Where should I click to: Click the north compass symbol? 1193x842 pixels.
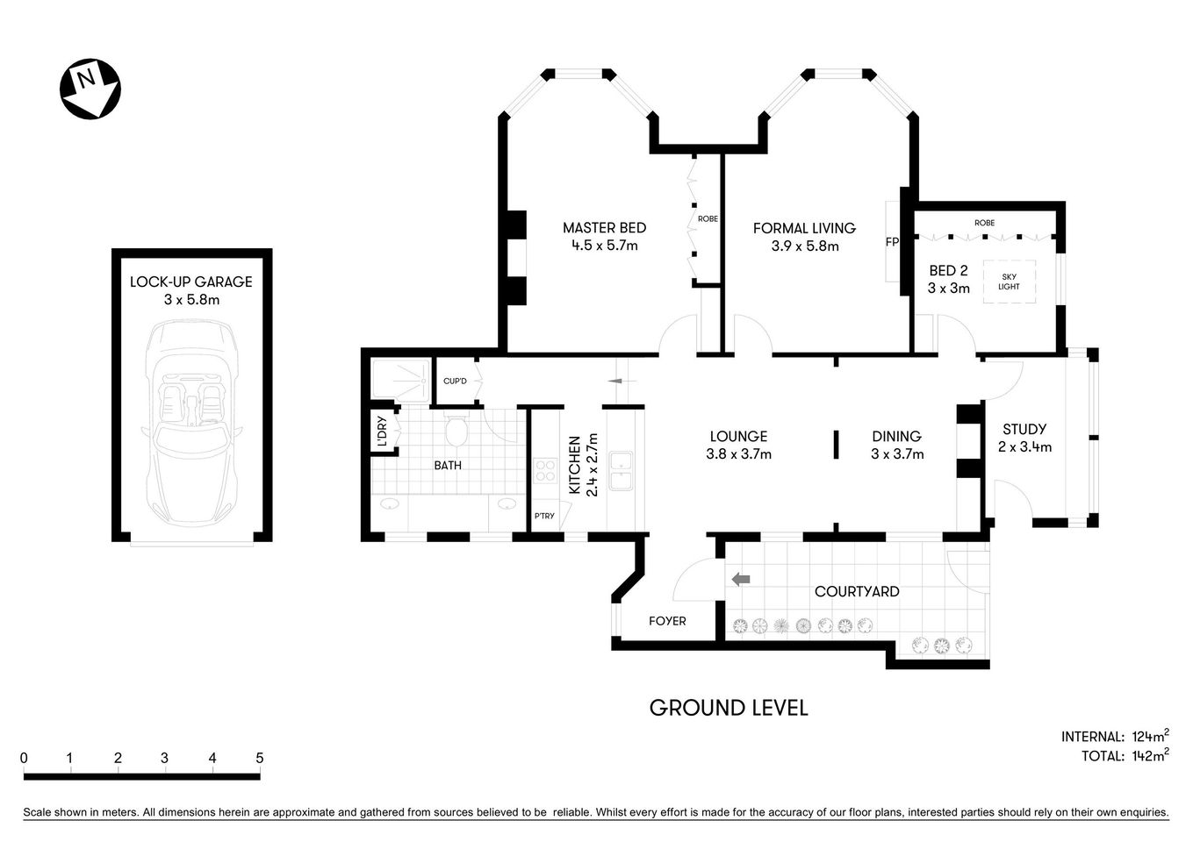tap(90, 88)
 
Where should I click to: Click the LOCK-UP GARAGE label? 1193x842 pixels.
tap(190, 282)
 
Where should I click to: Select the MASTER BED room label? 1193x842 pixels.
tap(604, 228)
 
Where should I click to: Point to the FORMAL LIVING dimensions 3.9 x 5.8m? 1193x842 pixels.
tap(804, 246)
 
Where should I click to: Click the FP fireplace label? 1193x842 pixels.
tap(892, 242)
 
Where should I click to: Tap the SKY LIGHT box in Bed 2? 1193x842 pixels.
tap(1009, 282)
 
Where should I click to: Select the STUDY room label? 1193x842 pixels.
tap(1024, 429)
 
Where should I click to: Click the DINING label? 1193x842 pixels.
tap(896, 436)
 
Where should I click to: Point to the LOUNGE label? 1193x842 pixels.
tap(738, 436)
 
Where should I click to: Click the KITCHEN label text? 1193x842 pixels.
tap(575, 466)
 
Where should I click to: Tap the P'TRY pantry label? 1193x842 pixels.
tap(544, 516)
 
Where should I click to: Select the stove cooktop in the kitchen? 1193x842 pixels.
tap(545, 472)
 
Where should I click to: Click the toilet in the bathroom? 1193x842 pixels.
tap(455, 430)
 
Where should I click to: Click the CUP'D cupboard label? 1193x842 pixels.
tap(455, 381)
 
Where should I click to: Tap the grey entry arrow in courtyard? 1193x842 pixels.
tap(741, 578)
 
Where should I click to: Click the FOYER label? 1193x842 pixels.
tap(667, 621)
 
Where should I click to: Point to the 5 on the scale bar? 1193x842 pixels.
tap(259, 758)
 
